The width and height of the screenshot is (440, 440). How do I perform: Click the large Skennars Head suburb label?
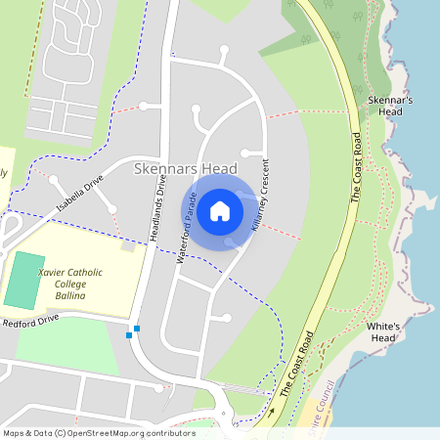[x=191, y=169]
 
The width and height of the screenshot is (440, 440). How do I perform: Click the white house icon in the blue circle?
[x=220, y=210]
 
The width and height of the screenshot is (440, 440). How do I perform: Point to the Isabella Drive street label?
[x=79, y=193]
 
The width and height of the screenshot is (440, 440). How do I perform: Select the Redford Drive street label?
[x=30, y=322]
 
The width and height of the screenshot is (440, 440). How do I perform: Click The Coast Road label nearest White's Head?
[x=296, y=363]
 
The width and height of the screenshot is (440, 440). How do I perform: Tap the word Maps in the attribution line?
[x=15, y=433]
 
